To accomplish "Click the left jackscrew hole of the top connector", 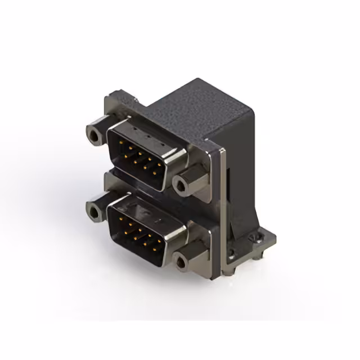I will [93, 134].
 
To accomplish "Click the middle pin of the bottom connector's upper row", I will [140, 230].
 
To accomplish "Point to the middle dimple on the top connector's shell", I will [147, 137].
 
